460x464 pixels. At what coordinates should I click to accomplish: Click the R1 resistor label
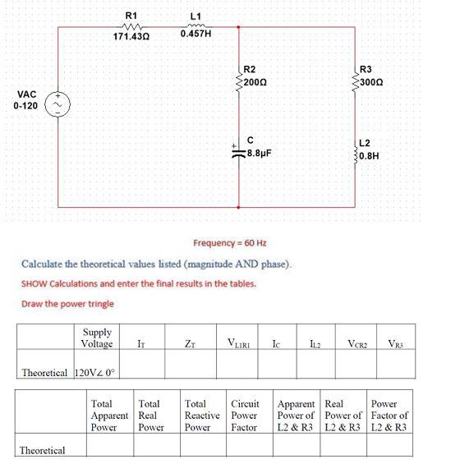pyautogui.click(x=130, y=15)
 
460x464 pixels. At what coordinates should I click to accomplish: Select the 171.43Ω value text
pyautogui.click(x=130, y=38)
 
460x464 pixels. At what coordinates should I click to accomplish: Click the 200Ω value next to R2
pyautogui.click(x=253, y=83)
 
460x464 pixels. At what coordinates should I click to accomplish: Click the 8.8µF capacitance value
pyautogui.click(x=260, y=153)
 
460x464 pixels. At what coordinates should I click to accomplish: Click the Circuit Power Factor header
pyautogui.click(x=245, y=416)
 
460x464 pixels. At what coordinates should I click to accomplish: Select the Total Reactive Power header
pyautogui.click(x=202, y=416)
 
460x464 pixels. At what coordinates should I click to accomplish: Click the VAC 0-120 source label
pyautogui.click(x=25, y=100)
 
